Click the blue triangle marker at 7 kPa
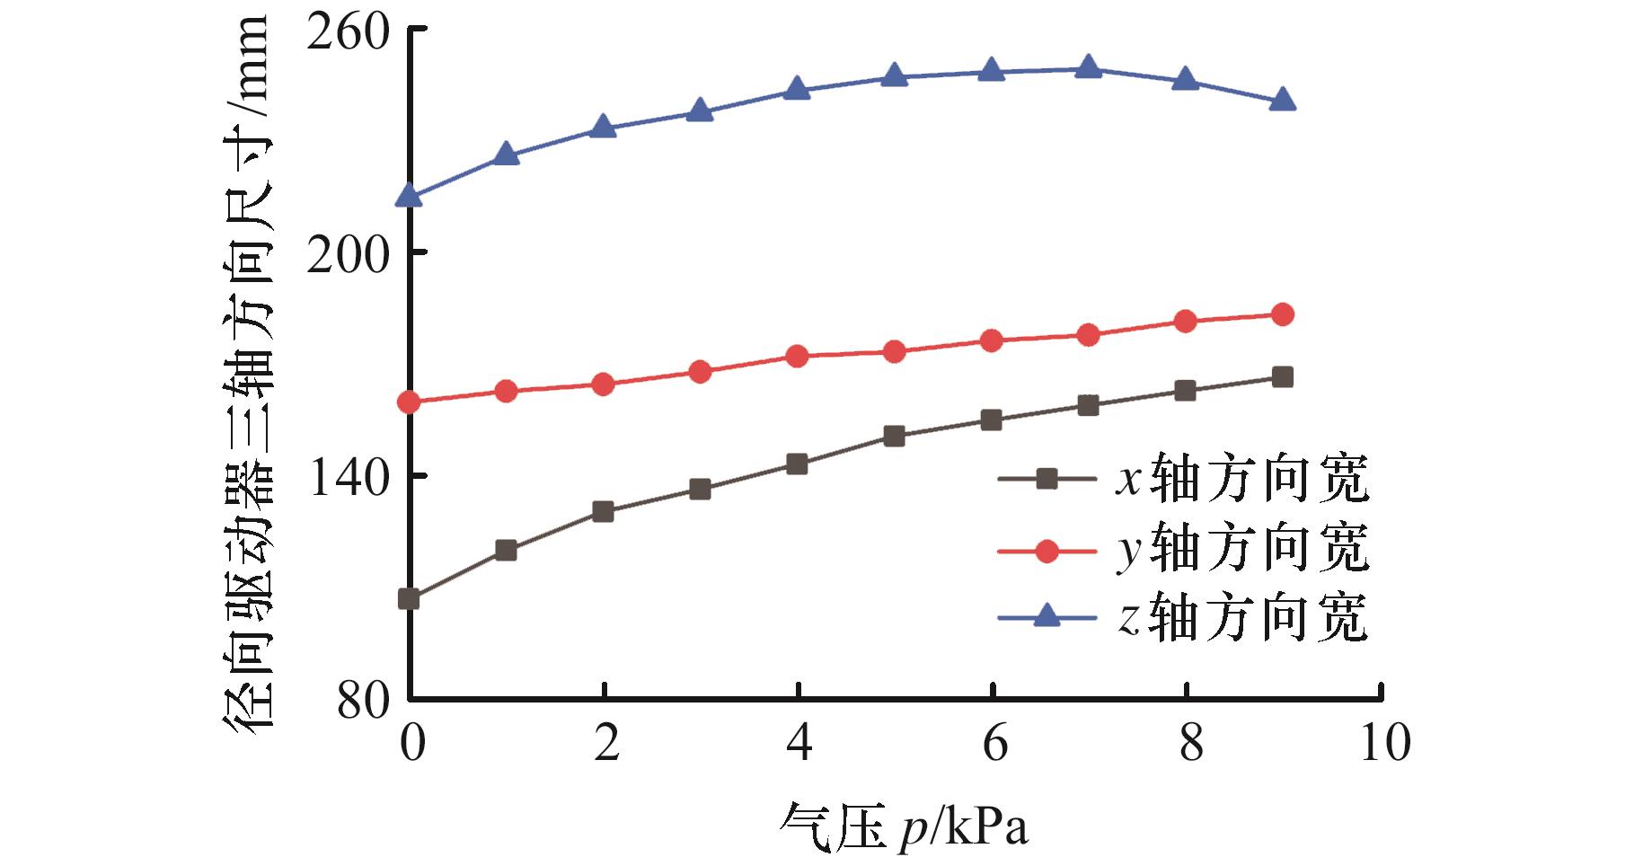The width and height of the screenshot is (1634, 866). (x=1088, y=67)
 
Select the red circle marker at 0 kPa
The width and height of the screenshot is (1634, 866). (x=410, y=402)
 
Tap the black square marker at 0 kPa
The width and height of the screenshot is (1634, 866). (x=410, y=599)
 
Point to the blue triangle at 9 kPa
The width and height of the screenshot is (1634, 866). (x=1283, y=100)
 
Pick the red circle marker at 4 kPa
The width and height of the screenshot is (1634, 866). (x=797, y=356)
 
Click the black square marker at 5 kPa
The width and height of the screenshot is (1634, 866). (x=894, y=437)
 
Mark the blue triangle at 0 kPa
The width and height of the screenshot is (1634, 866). (x=410, y=196)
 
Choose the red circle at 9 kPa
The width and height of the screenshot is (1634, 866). (x=1283, y=314)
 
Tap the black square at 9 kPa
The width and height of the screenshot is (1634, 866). (x=1283, y=377)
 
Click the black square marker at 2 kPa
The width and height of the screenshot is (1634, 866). (x=604, y=512)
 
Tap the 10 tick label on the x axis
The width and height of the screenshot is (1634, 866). (x=1384, y=744)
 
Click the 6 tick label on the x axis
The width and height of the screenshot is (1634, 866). (x=993, y=744)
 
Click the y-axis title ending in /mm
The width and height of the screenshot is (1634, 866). (x=245, y=377)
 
